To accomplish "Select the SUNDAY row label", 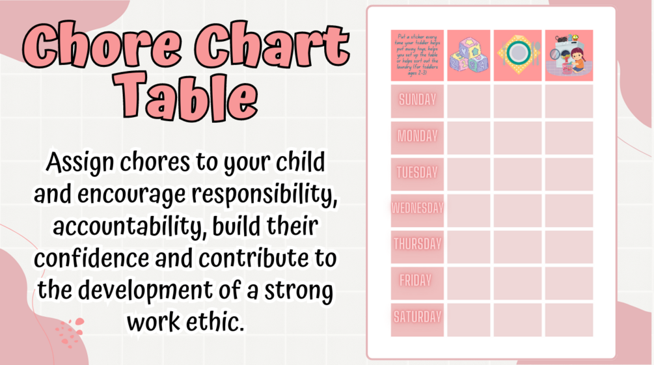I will (417, 101).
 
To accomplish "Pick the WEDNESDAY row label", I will (417, 209).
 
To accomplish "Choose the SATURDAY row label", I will (417, 318).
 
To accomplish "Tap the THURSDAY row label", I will (417, 245).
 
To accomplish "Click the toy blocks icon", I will (469, 56).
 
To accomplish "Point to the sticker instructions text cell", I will (417, 55).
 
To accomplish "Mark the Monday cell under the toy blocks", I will (469, 137).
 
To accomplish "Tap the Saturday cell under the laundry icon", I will (569, 319).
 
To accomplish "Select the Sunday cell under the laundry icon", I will (569, 101).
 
